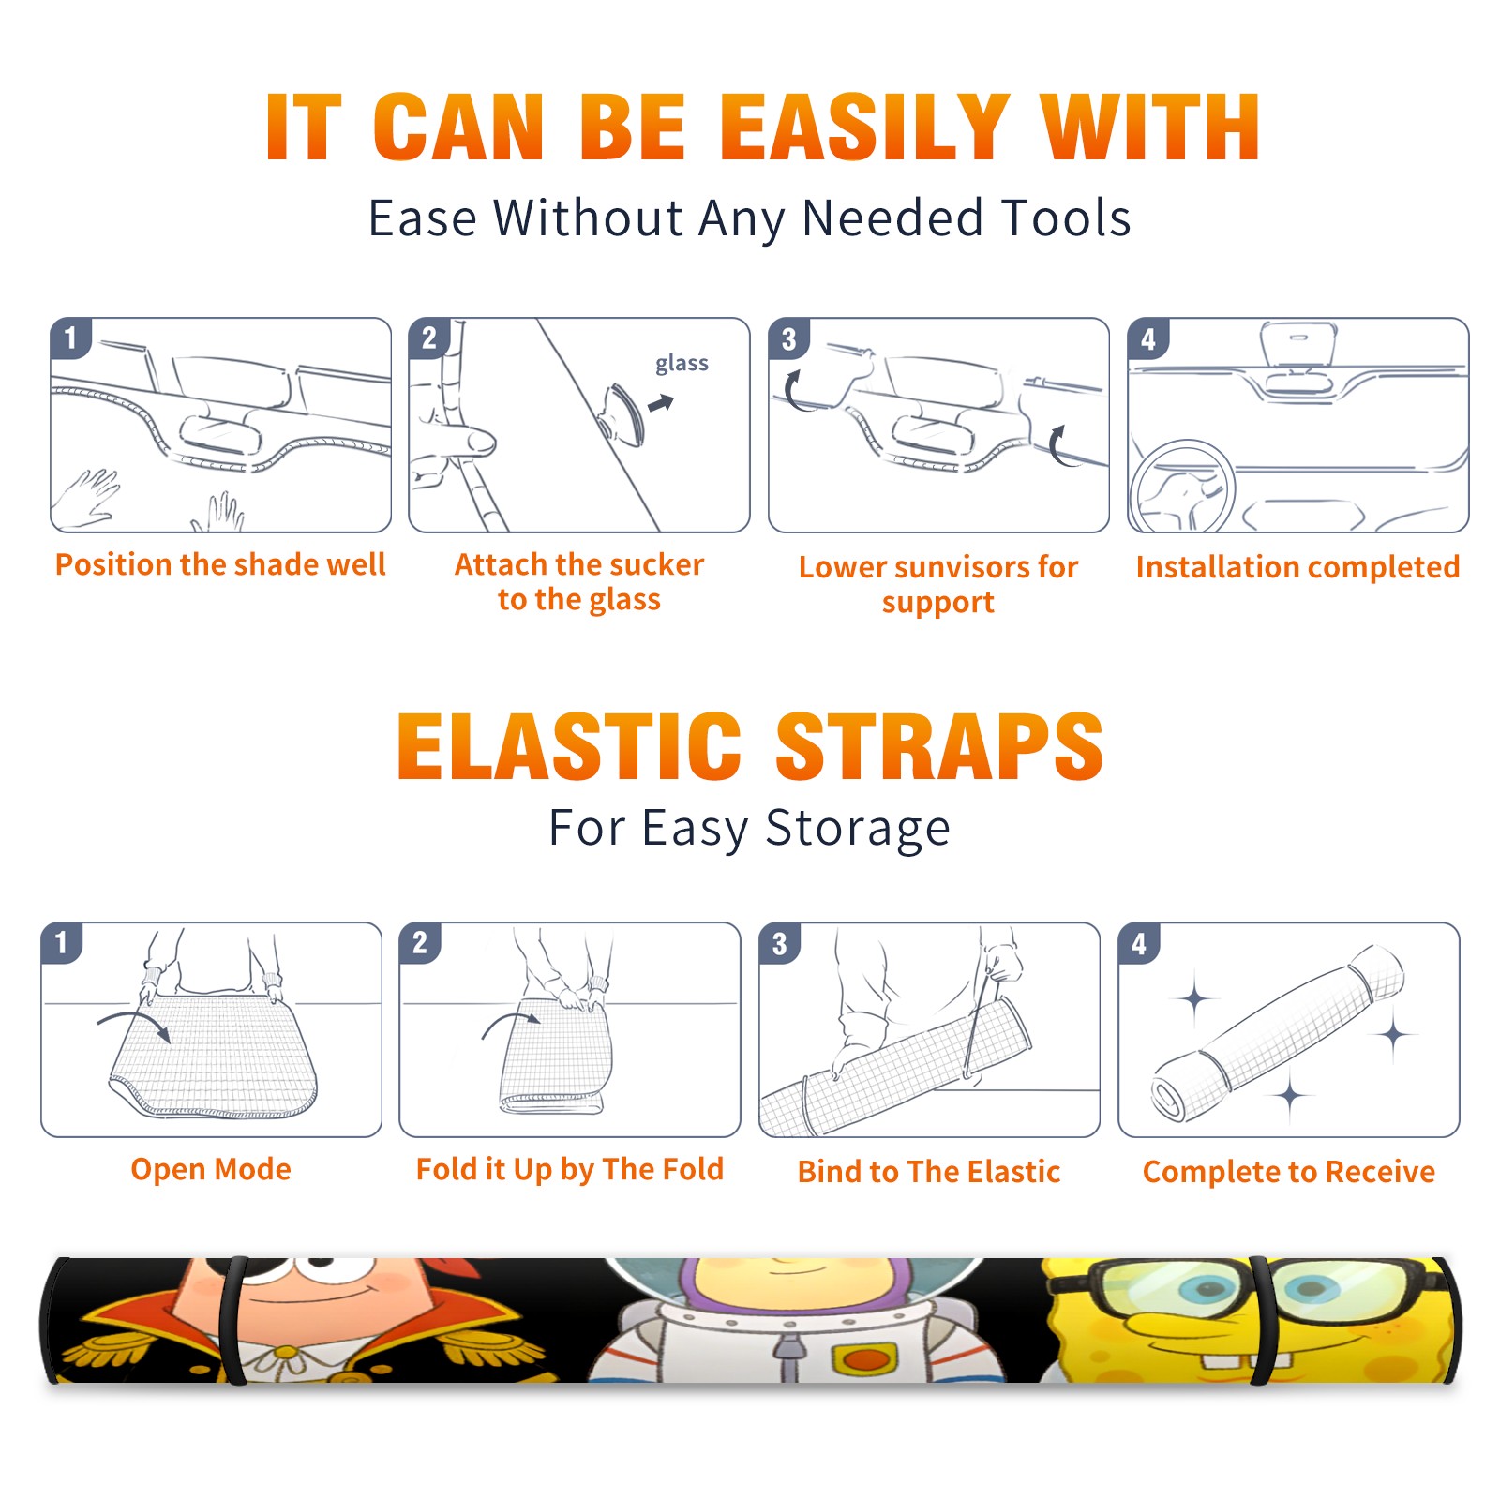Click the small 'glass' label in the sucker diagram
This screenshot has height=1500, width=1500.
point(682,364)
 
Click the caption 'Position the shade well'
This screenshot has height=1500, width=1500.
point(220,564)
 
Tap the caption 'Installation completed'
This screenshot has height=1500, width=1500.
point(1297,567)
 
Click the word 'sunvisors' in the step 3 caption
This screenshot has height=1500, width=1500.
point(950,567)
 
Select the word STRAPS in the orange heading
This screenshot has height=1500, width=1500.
point(939,746)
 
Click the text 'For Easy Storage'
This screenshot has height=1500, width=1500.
point(750,829)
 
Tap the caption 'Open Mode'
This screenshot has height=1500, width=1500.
point(211,1169)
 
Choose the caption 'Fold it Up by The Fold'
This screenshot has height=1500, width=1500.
point(570,1170)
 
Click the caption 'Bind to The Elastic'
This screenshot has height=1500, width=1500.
point(929,1172)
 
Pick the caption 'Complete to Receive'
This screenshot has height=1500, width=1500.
point(1289,1172)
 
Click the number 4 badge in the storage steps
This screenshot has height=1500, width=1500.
point(1139,943)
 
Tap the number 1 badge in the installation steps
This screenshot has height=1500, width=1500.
point(70,337)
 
